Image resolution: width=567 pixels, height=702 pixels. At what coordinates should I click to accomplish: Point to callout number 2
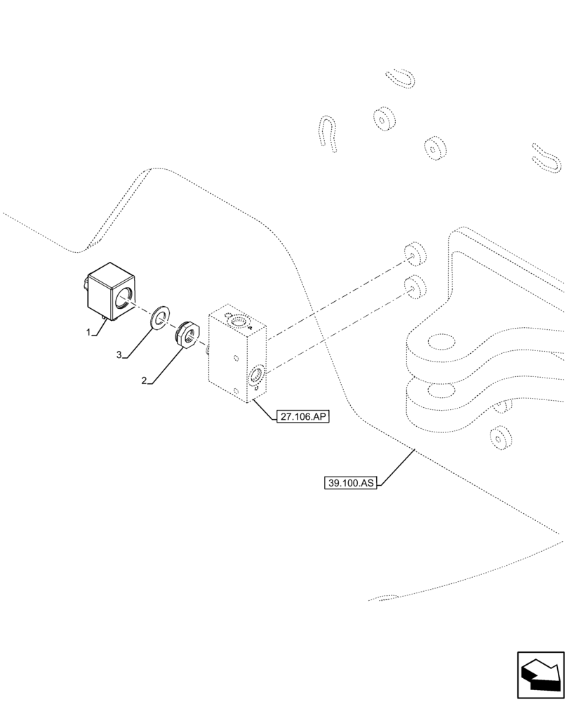click(144, 380)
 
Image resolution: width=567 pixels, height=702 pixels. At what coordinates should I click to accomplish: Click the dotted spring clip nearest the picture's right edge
click(546, 158)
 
